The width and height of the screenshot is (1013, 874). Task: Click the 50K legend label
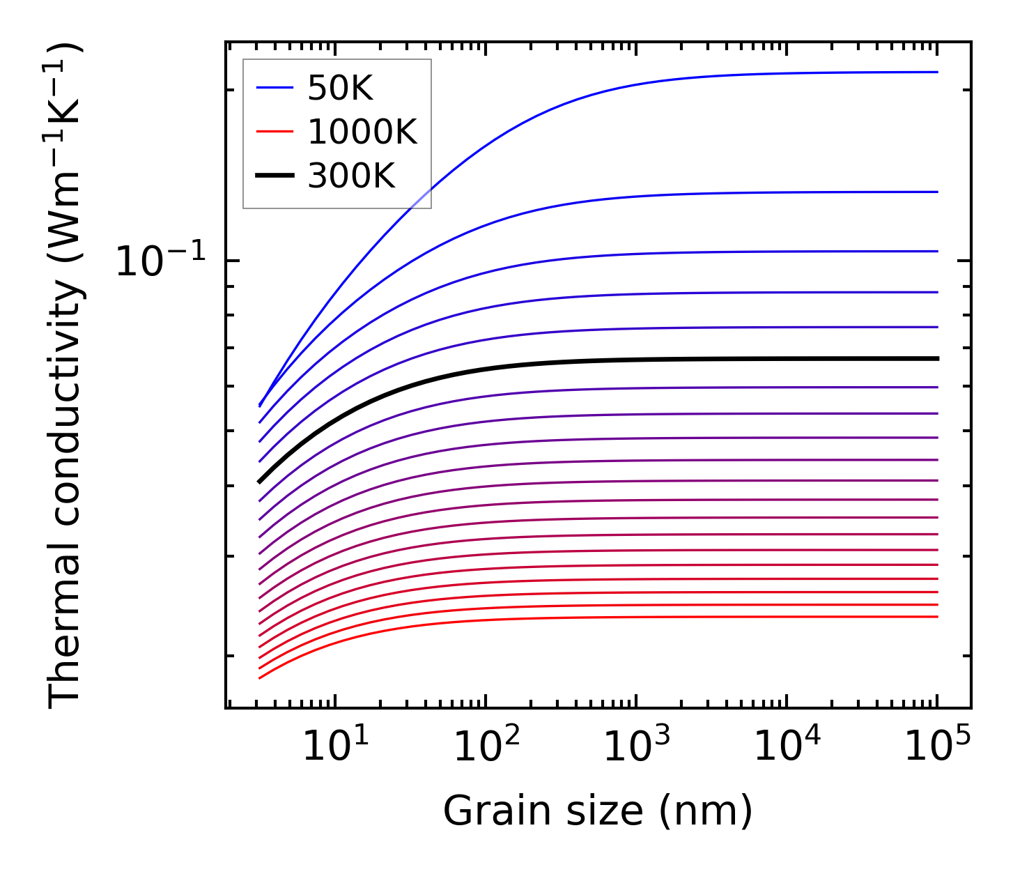pyautogui.click(x=341, y=88)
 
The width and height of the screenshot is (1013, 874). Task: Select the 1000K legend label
pyautogui.click(x=362, y=132)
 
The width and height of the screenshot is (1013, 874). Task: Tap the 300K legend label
pyautogui.click(x=351, y=176)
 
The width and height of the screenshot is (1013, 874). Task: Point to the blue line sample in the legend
pyautogui.click(x=274, y=88)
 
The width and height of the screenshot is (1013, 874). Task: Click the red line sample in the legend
pyautogui.click(x=274, y=132)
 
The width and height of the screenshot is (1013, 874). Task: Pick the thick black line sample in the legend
pyautogui.click(x=274, y=176)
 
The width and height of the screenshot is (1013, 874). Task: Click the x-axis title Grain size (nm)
pyautogui.click(x=598, y=812)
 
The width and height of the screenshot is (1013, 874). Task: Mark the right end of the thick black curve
pyautogui.click(x=938, y=358)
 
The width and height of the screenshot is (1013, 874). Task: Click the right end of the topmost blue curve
pyautogui.click(x=938, y=72)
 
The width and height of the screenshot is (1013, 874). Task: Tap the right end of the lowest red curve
pyautogui.click(x=938, y=616)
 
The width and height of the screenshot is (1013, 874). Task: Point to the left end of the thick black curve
pyautogui.click(x=259, y=482)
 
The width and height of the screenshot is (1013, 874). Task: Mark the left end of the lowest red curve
pyautogui.click(x=259, y=677)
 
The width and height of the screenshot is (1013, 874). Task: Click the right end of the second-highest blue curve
pyautogui.click(x=938, y=192)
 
